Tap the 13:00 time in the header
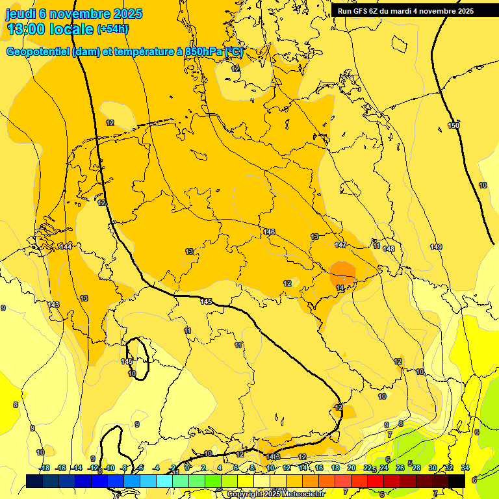tap(27, 29)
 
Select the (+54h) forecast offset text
tap(112, 29)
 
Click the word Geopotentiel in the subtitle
tap(38, 52)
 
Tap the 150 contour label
tap(454, 125)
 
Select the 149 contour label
tap(436, 247)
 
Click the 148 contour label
tap(389, 249)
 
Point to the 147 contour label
tap(340, 245)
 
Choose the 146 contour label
tap(269, 232)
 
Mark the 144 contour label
tap(66, 247)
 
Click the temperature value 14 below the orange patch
tap(340, 288)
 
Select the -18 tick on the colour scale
tap(45, 468)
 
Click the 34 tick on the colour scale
tap(465, 468)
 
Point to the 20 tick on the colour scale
tap(352, 468)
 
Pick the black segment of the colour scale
tap(456, 480)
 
